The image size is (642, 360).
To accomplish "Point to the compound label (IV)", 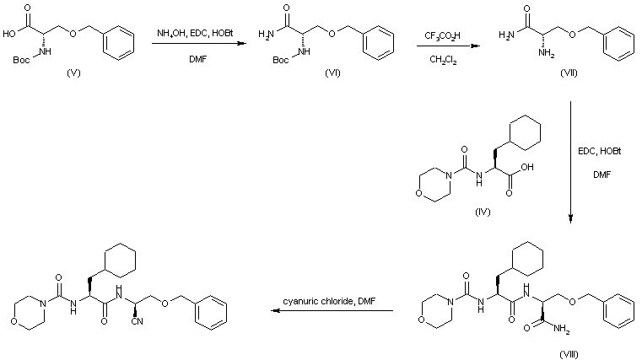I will pos(483,210).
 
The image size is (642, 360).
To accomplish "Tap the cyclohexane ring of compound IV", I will pos(525,137).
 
